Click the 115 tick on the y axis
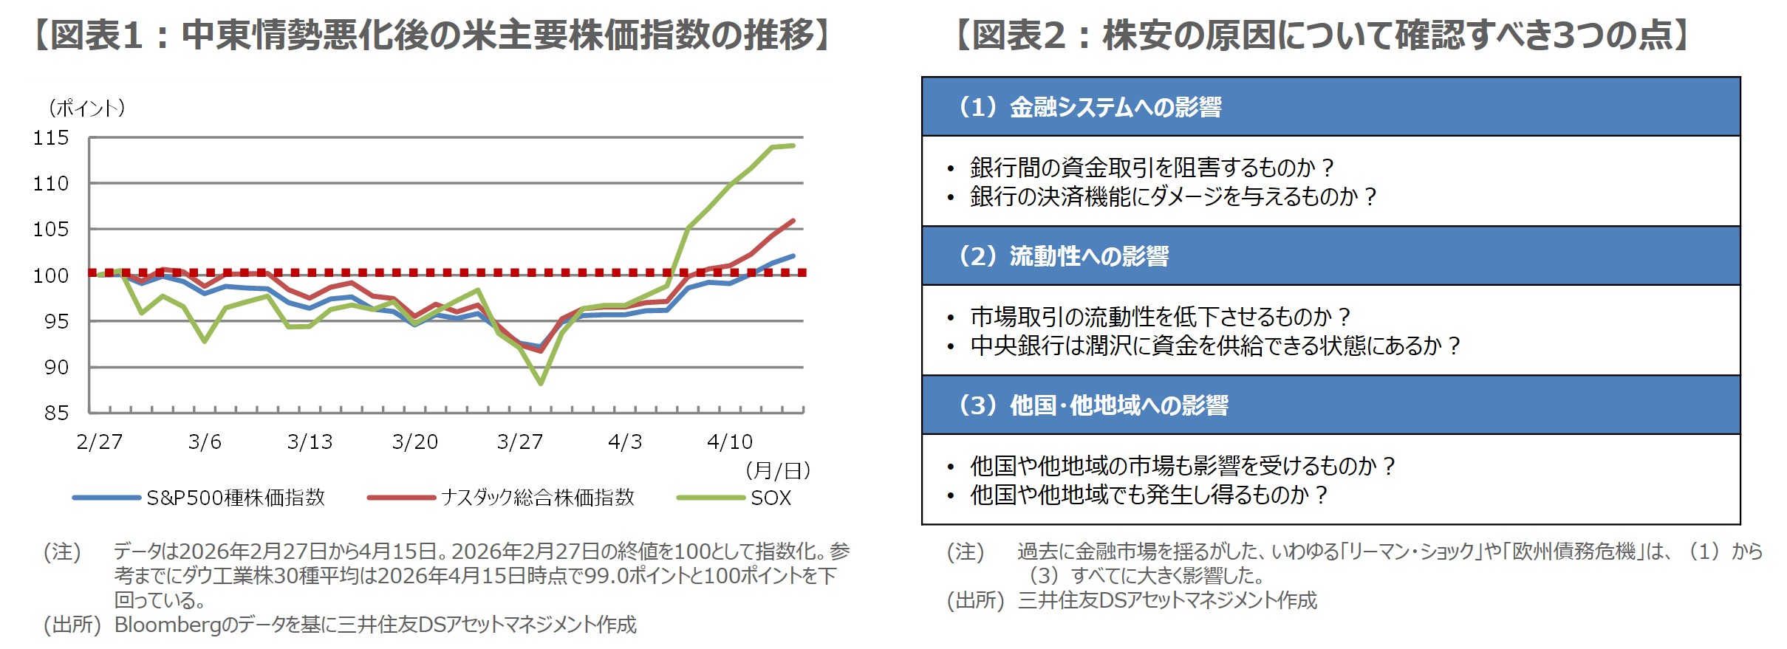50,138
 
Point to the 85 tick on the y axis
56,413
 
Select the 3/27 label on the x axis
519,442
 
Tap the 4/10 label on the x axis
729,442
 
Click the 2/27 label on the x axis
100,442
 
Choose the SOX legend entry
770,498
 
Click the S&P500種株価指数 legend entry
235,498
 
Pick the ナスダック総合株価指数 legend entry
537,498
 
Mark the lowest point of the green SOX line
541,383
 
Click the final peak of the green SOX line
793,145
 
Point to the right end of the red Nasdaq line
793,221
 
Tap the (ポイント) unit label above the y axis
87,109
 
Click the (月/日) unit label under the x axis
778,470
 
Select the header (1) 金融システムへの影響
1089,107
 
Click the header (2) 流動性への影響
1063,256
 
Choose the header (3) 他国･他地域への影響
1093,405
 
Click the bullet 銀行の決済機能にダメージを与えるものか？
1172,196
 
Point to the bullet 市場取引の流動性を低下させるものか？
1160,317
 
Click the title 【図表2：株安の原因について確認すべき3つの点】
1322,35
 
